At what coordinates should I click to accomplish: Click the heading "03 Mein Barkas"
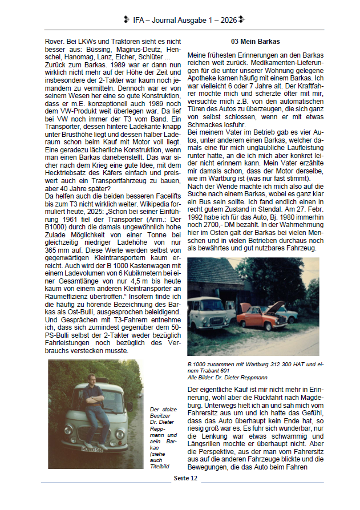pos(255,42)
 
